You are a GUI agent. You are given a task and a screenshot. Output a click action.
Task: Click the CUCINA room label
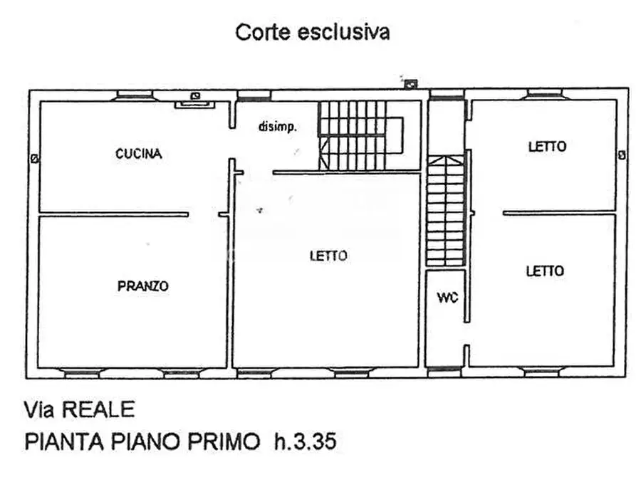coord(139,153)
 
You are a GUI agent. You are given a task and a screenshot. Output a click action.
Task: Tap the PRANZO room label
coord(142,286)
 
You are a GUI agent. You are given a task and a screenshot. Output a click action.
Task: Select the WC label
coord(447,298)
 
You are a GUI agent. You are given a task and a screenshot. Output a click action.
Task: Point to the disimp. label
coord(277,127)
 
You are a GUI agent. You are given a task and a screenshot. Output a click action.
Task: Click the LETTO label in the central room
coord(328,256)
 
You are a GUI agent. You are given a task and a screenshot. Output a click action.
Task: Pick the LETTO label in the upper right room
coord(547,147)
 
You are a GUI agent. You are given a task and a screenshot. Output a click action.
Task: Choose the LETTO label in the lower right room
coord(545,271)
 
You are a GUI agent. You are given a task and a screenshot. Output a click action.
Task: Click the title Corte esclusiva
coord(313,32)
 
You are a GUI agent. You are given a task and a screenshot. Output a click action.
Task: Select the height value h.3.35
coord(305,442)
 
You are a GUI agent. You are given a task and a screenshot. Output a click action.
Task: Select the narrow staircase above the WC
coord(445,211)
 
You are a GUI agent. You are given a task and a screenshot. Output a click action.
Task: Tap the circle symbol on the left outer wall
coord(33,158)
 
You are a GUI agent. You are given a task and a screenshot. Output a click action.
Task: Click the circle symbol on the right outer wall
coord(622,155)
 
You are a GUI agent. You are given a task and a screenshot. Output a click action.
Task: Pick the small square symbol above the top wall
coord(410,84)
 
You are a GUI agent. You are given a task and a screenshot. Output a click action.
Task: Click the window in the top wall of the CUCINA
coord(135,94)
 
